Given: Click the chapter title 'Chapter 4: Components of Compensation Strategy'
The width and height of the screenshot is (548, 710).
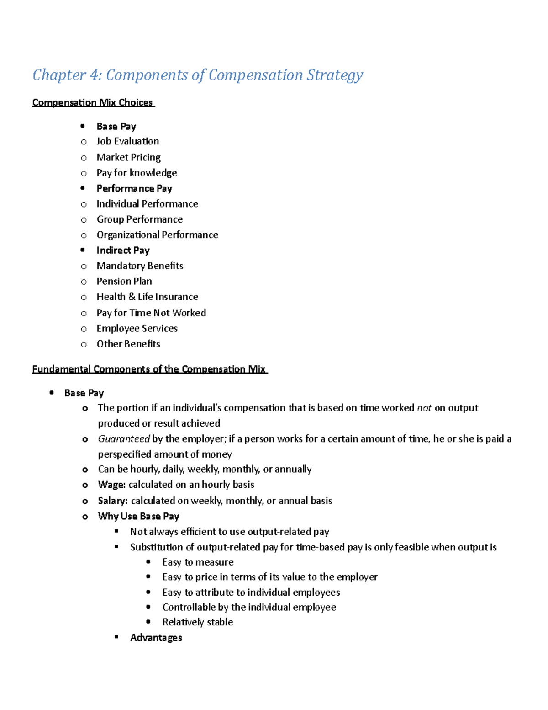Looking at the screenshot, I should point(198,75).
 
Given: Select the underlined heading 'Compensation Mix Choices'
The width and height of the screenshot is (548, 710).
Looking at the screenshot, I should point(93,102).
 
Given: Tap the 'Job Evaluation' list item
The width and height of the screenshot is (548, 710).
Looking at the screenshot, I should point(128,141).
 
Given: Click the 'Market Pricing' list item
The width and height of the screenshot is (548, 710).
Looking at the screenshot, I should point(128,157).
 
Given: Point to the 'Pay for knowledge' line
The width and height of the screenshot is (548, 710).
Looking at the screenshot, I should point(137,173).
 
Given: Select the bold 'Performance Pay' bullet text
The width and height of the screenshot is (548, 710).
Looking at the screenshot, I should point(134,188).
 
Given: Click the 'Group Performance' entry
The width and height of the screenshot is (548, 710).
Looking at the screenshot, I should point(139,219).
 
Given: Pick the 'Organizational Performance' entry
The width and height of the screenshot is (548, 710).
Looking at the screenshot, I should point(157,235).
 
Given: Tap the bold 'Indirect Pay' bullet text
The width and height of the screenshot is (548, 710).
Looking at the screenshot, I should point(123,251).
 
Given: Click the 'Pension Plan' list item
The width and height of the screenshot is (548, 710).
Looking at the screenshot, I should point(124,282).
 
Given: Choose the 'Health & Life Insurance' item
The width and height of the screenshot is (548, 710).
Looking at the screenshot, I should point(147,297).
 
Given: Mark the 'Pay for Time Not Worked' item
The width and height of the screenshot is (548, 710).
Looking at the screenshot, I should point(151,313).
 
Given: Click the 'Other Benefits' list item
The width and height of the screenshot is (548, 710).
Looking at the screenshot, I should point(128,344).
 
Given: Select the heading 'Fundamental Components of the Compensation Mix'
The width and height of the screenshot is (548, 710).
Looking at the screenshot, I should point(149,369).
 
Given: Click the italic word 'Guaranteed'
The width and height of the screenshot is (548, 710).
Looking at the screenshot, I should point(124,439).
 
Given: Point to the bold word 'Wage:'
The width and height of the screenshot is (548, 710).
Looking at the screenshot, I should point(111,485).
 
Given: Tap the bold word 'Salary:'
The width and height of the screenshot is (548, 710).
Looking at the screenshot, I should point(112,501).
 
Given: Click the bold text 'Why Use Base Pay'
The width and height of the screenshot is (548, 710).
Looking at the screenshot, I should point(138,516).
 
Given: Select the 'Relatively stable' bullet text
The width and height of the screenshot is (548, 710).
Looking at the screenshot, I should point(197,622).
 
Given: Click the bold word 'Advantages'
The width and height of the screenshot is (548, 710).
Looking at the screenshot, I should point(156,638).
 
